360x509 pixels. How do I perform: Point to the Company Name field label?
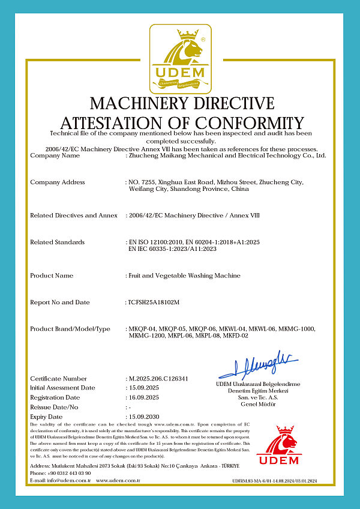point(55,155)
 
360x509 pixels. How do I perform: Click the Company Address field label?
point(58,182)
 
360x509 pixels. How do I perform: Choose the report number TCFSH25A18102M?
point(154,303)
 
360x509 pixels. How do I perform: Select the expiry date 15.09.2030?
point(144,417)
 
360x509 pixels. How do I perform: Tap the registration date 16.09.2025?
point(144,397)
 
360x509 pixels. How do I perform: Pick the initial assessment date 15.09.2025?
point(144,388)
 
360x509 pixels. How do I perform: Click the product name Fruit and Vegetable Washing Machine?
point(184,276)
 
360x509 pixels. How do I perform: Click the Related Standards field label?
point(57,242)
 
